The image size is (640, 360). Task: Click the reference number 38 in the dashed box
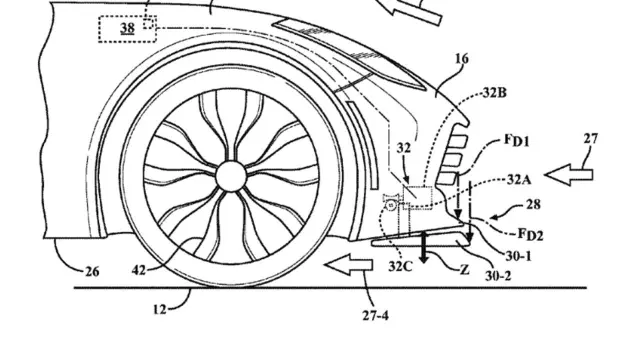coord(127,28)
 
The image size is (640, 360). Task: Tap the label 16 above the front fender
coord(462,59)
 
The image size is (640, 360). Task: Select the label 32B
coord(495,93)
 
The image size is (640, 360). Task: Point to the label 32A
coord(519,179)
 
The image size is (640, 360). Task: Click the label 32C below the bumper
coord(400,267)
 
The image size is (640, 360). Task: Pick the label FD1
coord(517,141)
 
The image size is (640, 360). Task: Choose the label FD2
coord(531,234)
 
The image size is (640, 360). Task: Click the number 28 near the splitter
coord(533,204)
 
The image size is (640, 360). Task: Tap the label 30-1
coord(518,256)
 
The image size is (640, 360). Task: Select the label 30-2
coord(498,276)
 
